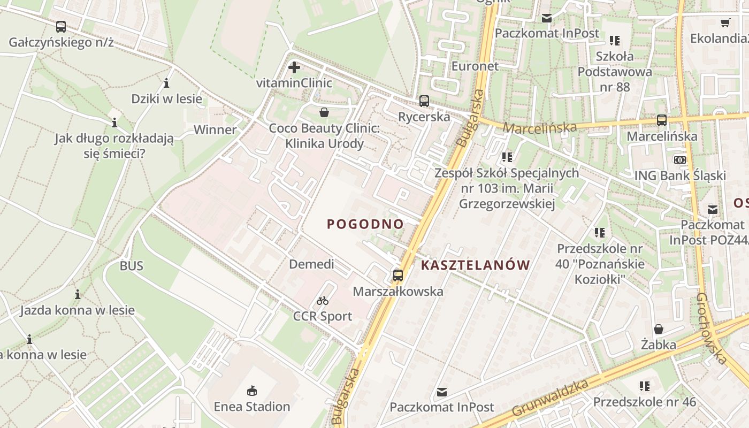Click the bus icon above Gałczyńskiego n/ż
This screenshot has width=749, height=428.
pyautogui.click(x=61, y=26)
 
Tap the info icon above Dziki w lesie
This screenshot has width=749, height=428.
pyautogui.click(x=166, y=83)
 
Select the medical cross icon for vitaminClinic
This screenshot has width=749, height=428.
pyautogui.click(x=294, y=67)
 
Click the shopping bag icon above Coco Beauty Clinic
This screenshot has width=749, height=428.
pyautogui.click(x=324, y=112)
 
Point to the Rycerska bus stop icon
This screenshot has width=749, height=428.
pyautogui.click(x=424, y=101)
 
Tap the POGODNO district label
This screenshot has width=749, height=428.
pyautogui.click(x=365, y=224)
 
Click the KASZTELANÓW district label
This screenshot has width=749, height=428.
pyautogui.click(x=476, y=265)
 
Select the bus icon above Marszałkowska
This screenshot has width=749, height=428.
pyautogui.click(x=398, y=276)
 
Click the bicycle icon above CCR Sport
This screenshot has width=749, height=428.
pyautogui.click(x=323, y=301)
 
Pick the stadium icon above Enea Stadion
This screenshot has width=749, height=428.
pyautogui.click(x=252, y=391)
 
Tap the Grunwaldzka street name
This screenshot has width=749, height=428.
pyautogui.click(x=551, y=398)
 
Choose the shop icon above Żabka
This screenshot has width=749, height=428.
pyautogui.click(x=659, y=329)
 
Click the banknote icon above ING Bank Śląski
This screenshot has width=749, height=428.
pyautogui.click(x=680, y=159)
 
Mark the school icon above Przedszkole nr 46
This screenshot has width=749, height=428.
pyautogui.click(x=645, y=386)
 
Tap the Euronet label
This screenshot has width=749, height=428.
pyautogui.click(x=475, y=66)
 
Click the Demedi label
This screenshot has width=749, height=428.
pyautogui.click(x=311, y=264)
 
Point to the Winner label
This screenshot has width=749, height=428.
pyautogui.click(x=215, y=129)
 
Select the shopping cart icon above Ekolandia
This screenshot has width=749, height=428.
pyautogui.click(x=725, y=23)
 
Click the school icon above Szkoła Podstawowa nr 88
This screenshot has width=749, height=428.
pyautogui.click(x=615, y=40)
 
